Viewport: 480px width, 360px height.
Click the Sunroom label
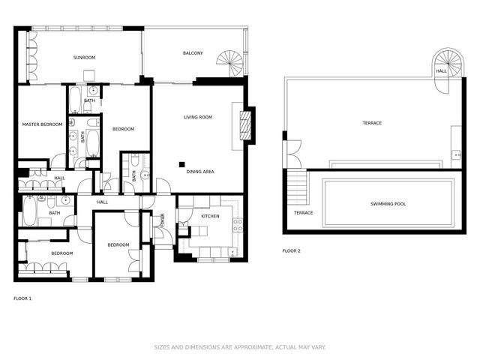click(84, 58)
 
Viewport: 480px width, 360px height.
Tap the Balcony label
click(193, 53)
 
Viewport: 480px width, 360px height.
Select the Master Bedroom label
click(41, 124)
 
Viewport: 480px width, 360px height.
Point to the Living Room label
click(198, 117)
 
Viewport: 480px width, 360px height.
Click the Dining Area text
click(200, 172)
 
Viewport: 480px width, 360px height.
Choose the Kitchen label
click(210, 216)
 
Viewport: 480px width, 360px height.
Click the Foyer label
click(162, 220)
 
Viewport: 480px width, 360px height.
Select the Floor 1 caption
click(22, 298)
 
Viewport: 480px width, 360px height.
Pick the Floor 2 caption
click(291, 250)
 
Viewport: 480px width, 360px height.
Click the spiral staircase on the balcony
click(229, 63)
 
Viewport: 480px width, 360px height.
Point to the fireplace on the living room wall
click(244, 124)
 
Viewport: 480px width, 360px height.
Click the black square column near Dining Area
click(181, 163)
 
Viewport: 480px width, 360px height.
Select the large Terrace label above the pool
click(372, 123)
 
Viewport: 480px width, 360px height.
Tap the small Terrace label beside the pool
click(303, 212)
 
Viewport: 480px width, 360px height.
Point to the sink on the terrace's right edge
click(456, 154)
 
